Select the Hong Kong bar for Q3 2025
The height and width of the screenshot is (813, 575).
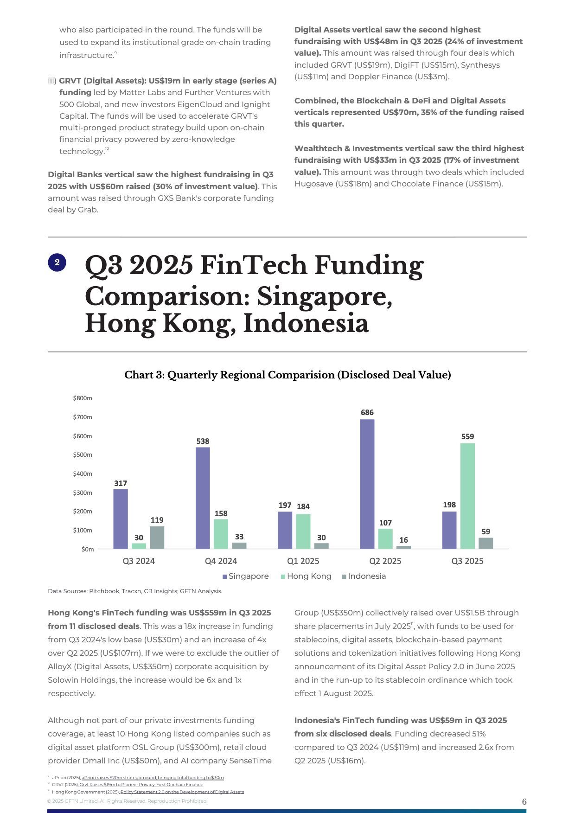(467, 496)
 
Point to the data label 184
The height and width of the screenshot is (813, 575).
(303, 506)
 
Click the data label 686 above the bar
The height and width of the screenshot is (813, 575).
(367, 412)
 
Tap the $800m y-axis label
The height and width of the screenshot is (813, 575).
(83, 398)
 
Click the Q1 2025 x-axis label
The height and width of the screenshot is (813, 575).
(303, 561)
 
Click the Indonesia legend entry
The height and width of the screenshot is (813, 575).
(366, 576)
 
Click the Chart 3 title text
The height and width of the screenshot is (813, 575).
(287, 375)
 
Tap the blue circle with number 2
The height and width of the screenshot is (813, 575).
(57, 262)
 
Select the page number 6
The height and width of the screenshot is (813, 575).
(524, 802)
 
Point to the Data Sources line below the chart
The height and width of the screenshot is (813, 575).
(135, 591)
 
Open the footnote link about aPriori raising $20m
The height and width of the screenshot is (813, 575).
(153, 777)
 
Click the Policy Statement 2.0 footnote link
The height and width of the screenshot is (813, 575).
(182, 792)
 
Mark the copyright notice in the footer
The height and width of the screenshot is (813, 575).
(127, 801)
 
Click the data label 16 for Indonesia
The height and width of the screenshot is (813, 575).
(403, 540)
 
